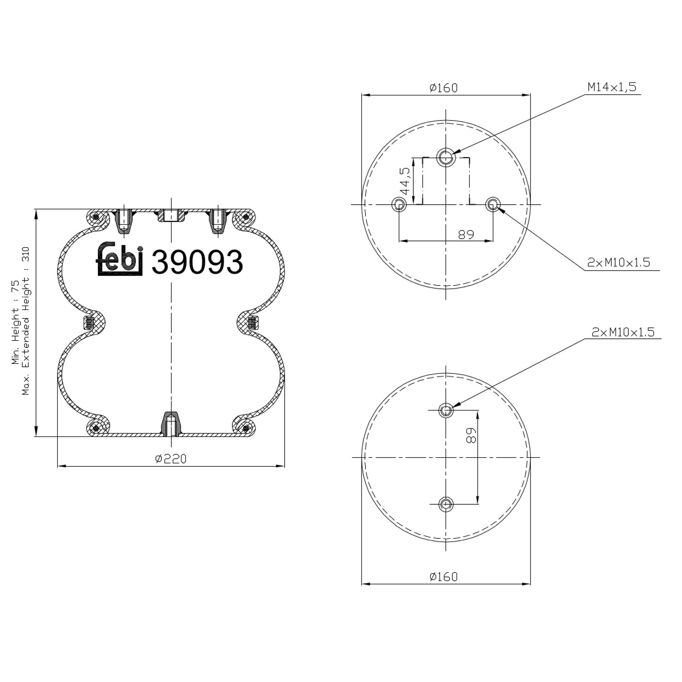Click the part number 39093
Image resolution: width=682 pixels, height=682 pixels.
pyautogui.click(x=197, y=262)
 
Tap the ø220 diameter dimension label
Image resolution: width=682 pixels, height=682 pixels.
pyautogui.click(x=170, y=459)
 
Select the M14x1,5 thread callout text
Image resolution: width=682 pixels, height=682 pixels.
pyautogui.click(x=612, y=87)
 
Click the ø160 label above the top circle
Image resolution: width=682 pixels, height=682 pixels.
pyautogui.click(x=443, y=87)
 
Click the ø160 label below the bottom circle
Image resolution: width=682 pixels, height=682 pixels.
pyautogui.click(x=443, y=577)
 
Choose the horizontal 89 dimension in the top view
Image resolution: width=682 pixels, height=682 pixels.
pyautogui.click(x=466, y=234)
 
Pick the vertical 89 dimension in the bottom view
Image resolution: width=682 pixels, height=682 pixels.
pyautogui.click(x=471, y=436)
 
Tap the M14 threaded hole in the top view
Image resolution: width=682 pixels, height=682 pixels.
pyautogui.click(x=446, y=157)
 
